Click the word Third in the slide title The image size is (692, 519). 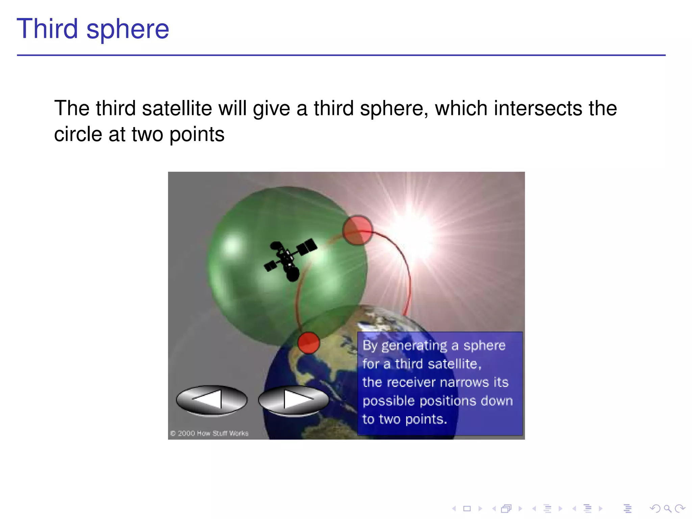[47, 29]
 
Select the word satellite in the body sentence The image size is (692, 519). [177, 108]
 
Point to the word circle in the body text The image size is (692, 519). [78, 134]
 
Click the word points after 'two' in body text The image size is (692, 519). [197, 134]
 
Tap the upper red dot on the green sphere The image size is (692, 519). [357, 230]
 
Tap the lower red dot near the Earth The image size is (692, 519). [308, 343]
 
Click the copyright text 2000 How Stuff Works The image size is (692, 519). [209, 433]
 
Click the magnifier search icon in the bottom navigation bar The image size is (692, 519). [667, 508]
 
